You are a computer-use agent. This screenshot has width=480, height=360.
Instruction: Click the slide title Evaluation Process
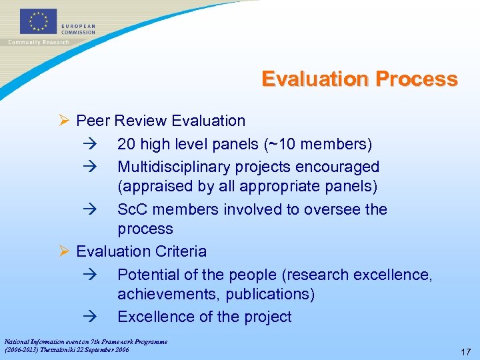pos(359,79)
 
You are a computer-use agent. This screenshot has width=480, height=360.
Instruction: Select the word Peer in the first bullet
pos(93,121)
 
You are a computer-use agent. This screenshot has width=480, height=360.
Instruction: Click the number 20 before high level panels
pos(126,144)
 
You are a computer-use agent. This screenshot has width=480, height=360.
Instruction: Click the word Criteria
pos(181,252)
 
